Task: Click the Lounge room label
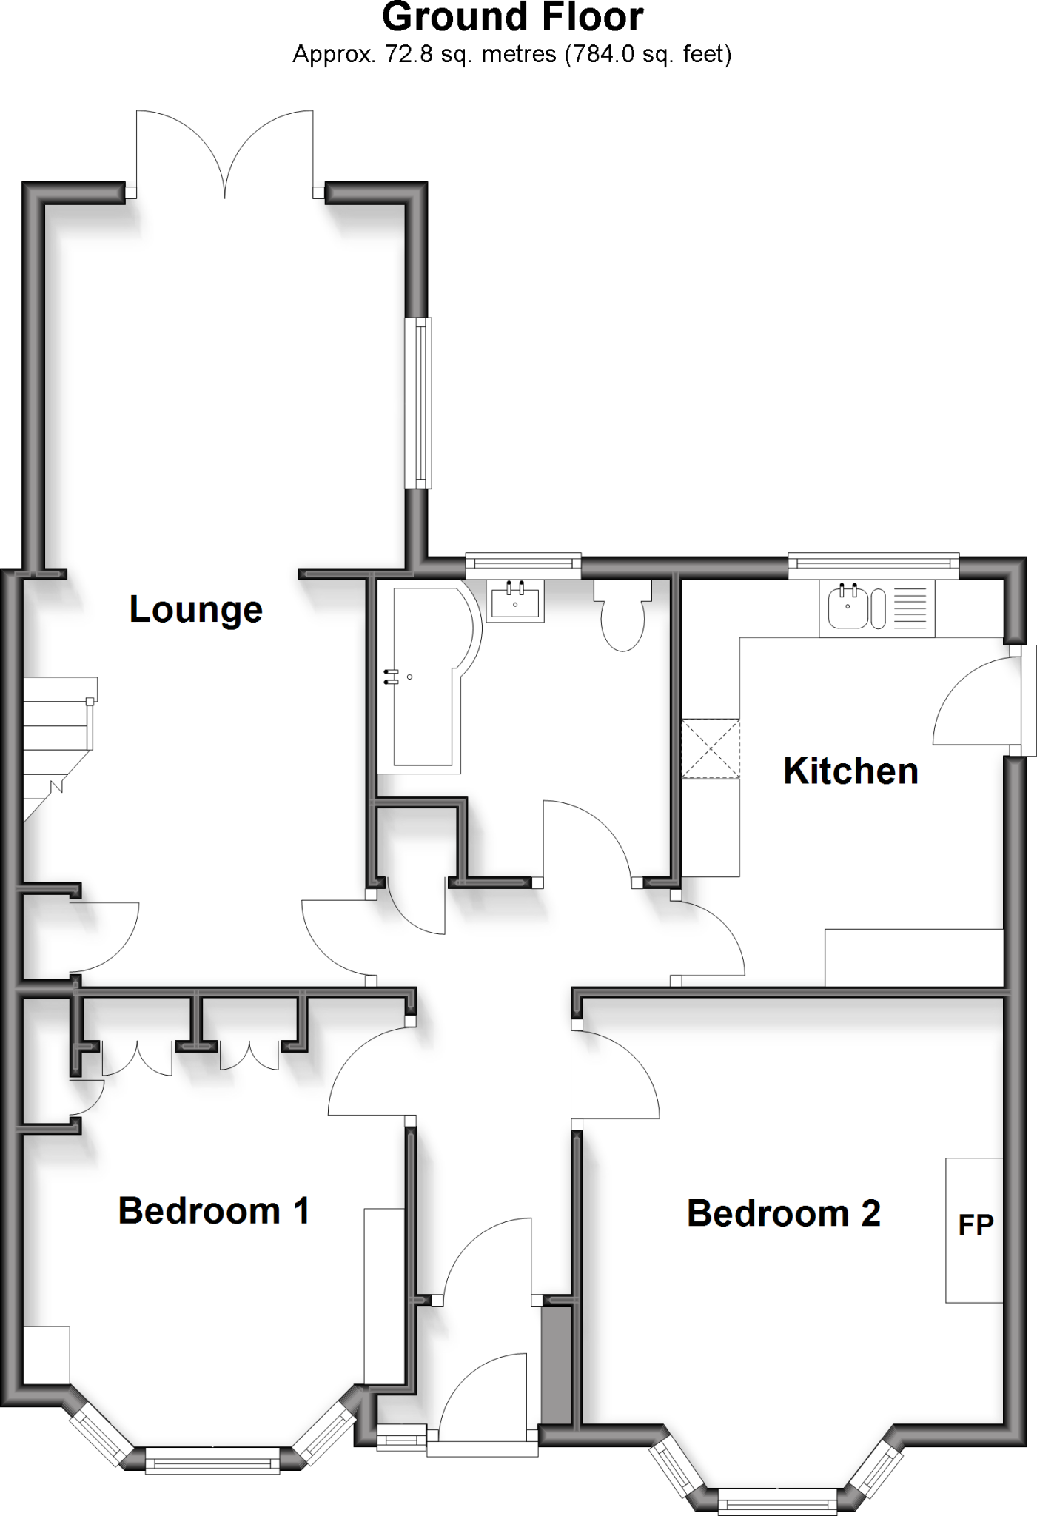tap(196, 610)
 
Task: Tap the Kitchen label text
tap(850, 771)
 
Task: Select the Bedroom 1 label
tap(213, 1211)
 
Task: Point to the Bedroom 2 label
tap(784, 1214)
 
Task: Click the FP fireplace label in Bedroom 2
tap(976, 1225)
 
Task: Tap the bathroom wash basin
tap(515, 600)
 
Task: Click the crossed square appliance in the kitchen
tap(711, 748)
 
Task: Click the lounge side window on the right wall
tap(419, 403)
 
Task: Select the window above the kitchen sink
tap(873, 566)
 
